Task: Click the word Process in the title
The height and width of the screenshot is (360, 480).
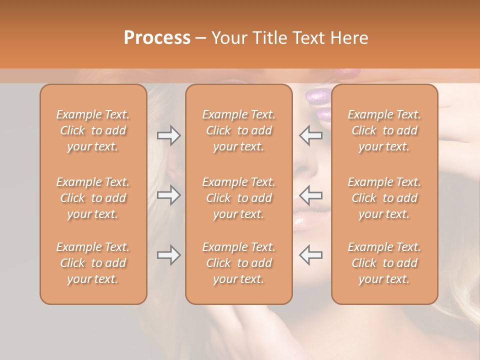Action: click(x=157, y=37)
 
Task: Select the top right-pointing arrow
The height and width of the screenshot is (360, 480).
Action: click(x=168, y=135)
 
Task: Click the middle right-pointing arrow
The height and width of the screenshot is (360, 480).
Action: click(x=168, y=194)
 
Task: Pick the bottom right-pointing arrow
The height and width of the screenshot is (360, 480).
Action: click(x=168, y=255)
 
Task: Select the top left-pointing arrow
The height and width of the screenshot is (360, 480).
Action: click(x=310, y=135)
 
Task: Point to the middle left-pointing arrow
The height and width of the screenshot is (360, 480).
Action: click(x=310, y=194)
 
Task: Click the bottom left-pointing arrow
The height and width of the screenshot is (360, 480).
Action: click(x=310, y=255)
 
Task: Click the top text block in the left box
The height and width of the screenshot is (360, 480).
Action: click(x=93, y=130)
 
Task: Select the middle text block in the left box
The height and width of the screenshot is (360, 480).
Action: click(x=93, y=198)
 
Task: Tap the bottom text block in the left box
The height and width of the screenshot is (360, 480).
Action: click(x=93, y=263)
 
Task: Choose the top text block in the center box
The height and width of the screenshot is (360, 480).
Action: click(x=239, y=130)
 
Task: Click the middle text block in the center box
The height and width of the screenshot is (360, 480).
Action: click(x=239, y=198)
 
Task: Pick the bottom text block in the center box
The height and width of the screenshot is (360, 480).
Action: click(x=239, y=263)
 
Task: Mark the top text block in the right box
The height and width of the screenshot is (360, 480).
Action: click(x=384, y=130)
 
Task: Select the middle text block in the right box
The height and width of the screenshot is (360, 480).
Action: click(x=384, y=198)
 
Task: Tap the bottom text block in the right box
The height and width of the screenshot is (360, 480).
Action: click(x=384, y=263)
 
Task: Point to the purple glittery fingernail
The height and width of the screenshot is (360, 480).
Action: click(x=318, y=95)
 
